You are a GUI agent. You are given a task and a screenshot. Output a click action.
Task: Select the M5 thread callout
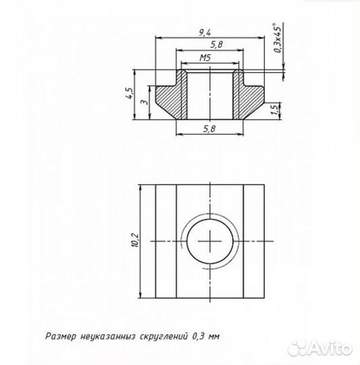(x=207, y=59)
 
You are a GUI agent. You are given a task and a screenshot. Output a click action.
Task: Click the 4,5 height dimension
(x=128, y=93)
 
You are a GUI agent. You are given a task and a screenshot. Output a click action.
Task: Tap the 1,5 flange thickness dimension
(x=274, y=109)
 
